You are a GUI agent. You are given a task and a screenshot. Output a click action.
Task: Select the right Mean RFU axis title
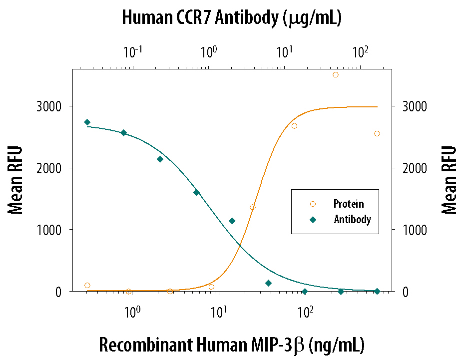[x=449, y=180]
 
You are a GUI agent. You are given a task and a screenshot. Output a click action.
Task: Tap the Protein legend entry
[x=348, y=204]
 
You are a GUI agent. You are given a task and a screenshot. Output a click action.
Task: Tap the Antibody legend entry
[x=352, y=219]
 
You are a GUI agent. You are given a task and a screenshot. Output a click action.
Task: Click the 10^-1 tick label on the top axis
[x=132, y=51]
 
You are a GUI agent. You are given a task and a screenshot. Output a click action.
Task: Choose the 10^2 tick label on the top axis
[x=360, y=51]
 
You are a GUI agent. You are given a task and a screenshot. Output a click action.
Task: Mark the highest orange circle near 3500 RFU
[x=336, y=75]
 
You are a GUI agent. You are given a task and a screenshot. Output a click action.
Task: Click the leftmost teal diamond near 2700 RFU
[x=87, y=122]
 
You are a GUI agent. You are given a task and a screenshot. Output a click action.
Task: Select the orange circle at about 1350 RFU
[x=253, y=207]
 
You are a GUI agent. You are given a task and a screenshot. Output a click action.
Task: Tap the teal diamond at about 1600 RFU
[x=196, y=193]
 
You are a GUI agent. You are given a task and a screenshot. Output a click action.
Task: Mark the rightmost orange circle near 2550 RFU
[x=377, y=133]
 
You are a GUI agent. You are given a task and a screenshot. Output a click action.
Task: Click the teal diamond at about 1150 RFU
[x=232, y=221]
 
